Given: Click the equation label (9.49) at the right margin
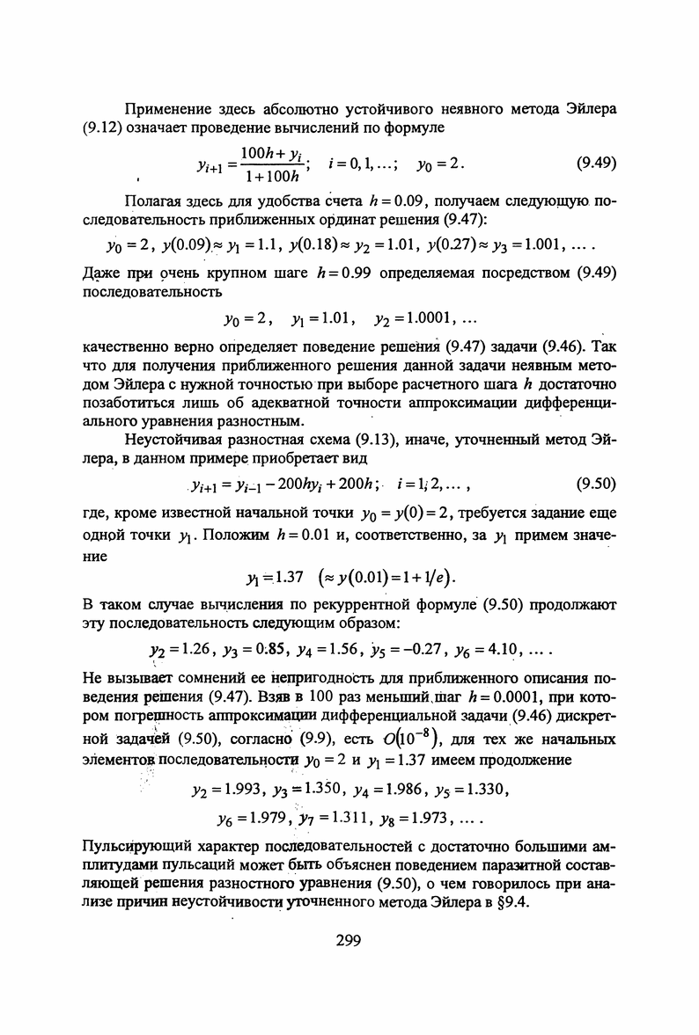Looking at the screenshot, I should tap(595, 163).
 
